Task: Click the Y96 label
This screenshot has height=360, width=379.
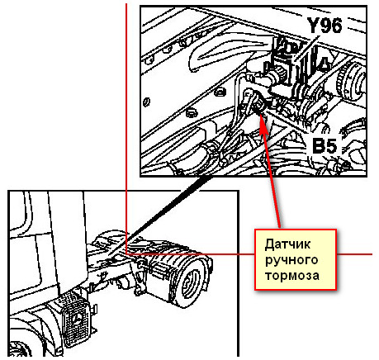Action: pyautogui.click(x=325, y=26)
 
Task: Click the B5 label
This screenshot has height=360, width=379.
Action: pyautogui.click(x=325, y=145)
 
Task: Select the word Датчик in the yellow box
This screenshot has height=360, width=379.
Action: pyautogui.click(x=287, y=244)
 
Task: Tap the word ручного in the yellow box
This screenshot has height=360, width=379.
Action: pyautogui.click(x=291, y=261)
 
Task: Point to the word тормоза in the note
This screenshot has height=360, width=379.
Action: pyautogui.click(x=292, y=276)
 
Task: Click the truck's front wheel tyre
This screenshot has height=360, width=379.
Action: pyautogui.click(x=20, y=350)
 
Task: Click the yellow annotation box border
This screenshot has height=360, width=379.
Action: pyautogui.click(x=255, y=259)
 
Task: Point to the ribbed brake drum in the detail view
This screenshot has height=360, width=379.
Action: pyautogui.click(x=350, y=80)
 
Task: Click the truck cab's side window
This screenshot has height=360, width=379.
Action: pyautogui.click(x=18, y=213)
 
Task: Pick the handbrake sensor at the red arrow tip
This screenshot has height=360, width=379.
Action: pyautogui.click(x=258, y=105)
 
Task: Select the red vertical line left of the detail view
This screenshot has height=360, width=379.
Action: pyautogui.click(x=126, y=128)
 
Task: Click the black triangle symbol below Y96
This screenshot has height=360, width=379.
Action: pyautogui.click(x=325, y=64)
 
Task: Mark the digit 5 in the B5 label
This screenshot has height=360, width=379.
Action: pyautogui.click(x=331, y=145)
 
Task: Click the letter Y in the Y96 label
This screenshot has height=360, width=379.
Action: pyautogui.click(x=313, y=26)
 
